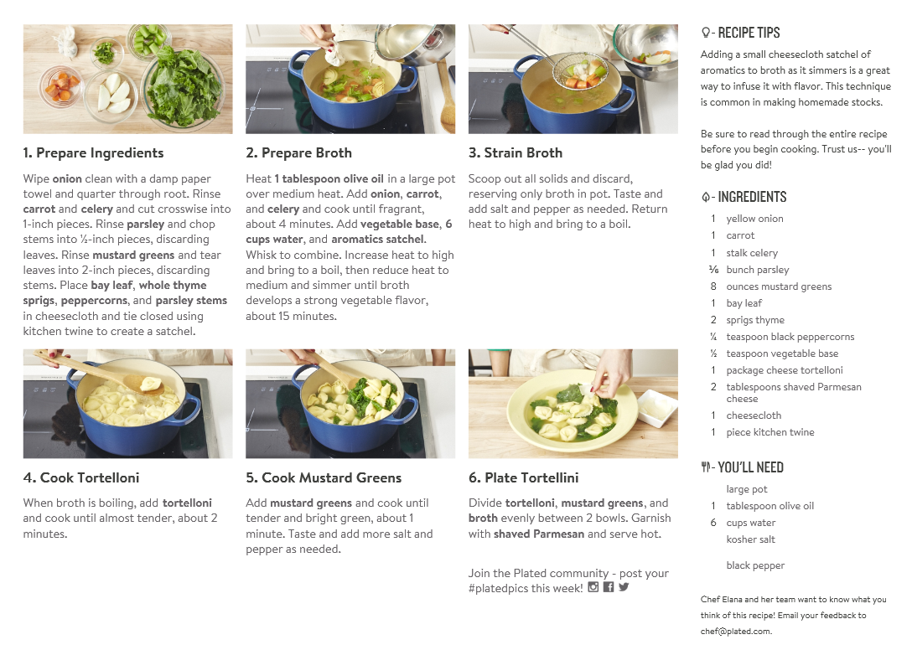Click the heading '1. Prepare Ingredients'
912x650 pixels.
[93, 153]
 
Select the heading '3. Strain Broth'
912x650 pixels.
[516, 153]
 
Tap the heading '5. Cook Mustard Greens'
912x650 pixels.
[324, 478]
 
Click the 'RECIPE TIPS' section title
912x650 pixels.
[749, 33]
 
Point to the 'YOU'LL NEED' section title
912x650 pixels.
[750, 467]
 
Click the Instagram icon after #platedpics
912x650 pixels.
[593, 587]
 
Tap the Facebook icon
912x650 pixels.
[609, 587]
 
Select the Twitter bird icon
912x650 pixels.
[624, 587]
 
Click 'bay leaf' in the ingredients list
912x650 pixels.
[744, 303]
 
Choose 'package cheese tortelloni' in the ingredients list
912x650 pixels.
[784, 370]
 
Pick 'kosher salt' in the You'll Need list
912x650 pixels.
[750, 539]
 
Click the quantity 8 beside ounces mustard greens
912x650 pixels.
[713, 286]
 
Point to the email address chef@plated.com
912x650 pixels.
[736, 632]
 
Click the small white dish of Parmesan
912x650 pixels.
[658, 408]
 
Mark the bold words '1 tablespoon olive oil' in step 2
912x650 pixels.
[329, 179]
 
